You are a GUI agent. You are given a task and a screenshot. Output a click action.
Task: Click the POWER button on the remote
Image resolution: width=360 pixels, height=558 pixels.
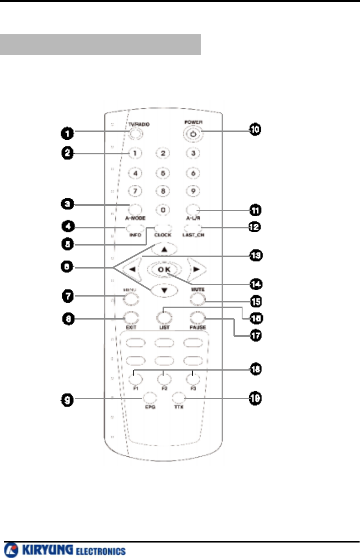pos(192,134)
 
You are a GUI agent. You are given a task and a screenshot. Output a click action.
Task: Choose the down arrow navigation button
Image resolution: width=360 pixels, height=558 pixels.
pos(164,290)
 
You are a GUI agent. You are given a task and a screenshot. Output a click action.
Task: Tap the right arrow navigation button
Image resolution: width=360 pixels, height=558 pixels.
pos(195,270)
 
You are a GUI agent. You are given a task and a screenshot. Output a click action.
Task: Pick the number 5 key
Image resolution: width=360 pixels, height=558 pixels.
pos(164,172)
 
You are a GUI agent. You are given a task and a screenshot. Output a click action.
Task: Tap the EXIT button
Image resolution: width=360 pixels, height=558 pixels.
pos(130,318)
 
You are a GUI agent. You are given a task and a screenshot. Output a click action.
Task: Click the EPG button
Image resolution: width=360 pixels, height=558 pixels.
pos(149,397)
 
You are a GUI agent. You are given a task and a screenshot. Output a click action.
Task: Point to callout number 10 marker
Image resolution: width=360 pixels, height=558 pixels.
pos(254,130)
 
